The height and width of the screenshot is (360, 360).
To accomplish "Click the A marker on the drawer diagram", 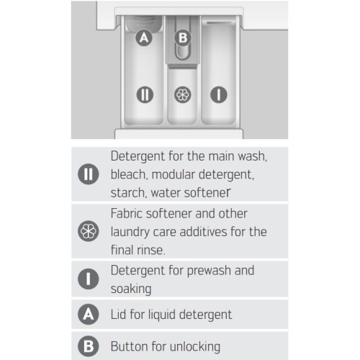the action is [144, 37].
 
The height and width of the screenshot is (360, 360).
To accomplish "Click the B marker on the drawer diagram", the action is [183, 37].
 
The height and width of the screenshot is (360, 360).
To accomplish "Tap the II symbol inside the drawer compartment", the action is [145, 94].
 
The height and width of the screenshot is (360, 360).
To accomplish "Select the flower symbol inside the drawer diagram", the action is [183, 94].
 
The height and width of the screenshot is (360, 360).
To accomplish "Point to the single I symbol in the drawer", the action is [219, 94].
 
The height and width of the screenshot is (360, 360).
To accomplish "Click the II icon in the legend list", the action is [89, 174].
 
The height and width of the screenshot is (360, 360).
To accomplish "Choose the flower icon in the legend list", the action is [89, 231].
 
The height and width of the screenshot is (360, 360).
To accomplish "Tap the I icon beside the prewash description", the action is [89, 279].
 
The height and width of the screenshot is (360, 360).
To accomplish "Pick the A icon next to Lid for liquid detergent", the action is [89, 314].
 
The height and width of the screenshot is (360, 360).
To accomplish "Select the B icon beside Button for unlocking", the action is [89, 346].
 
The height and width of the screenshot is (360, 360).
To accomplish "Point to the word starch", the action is [129, 193].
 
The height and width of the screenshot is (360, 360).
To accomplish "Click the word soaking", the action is [131, 289].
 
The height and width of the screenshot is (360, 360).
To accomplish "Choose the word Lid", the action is [118, 315].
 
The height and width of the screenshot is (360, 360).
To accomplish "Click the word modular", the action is [174, 174].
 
